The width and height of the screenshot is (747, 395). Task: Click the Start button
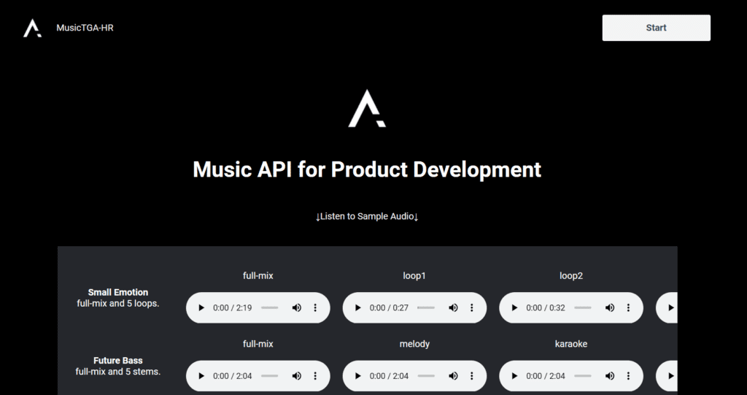click(656, 28)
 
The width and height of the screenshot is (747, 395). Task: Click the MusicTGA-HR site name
click(85, 28)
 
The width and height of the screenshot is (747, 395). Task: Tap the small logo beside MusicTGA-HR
click(32, 28)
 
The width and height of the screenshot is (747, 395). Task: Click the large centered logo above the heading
click(367, 109)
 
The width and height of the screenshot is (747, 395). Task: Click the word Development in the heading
click(477, 169)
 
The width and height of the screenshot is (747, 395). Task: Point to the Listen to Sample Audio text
click(367, 216)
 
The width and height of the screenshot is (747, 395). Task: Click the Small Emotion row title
click(118, 292)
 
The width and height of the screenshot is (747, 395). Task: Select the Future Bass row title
click(118, 360)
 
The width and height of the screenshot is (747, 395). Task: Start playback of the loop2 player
click(514, 308)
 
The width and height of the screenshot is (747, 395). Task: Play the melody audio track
click(357, 376)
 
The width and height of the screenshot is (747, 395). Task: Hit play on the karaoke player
click(514, 376)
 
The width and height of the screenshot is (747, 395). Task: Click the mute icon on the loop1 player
click(453, 308)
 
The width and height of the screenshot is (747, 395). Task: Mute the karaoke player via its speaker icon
click(610, 376)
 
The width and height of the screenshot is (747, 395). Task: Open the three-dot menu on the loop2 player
click(628, 308)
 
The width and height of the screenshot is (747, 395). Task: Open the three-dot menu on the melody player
click(472, 376)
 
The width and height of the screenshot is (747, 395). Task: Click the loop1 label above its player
click(414, 276)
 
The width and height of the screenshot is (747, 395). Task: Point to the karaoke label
click(570, 344)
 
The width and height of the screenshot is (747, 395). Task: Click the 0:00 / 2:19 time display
click(232, 308)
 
